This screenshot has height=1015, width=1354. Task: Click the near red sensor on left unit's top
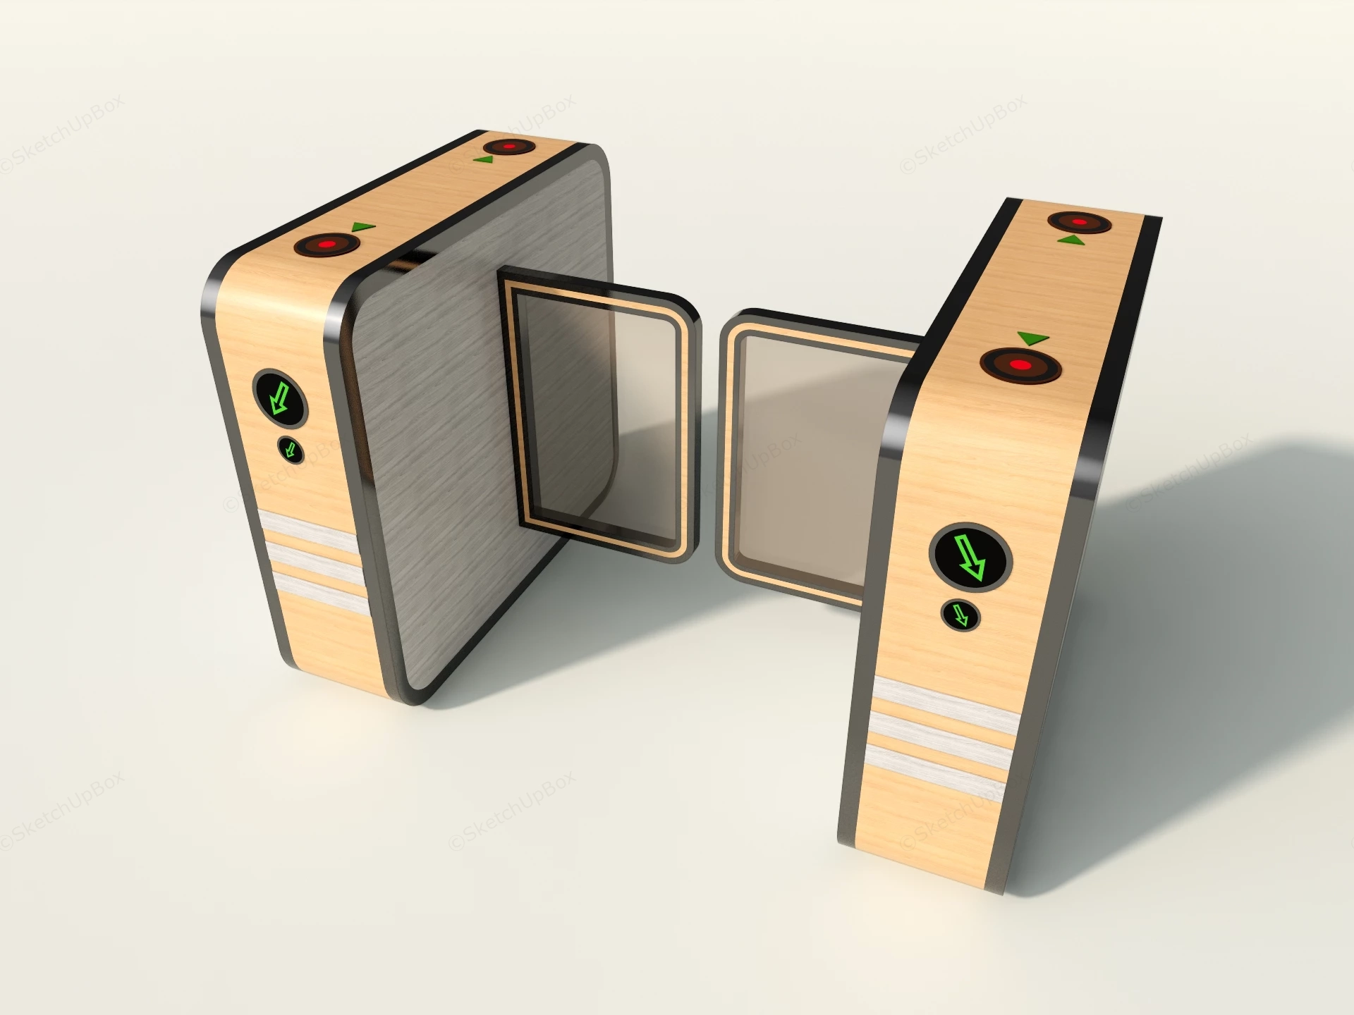click(327, 245)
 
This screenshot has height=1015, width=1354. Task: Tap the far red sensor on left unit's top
click(508, 147)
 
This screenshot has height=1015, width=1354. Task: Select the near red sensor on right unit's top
click(1020, 364)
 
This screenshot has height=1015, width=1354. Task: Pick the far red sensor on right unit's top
click(1079, 222)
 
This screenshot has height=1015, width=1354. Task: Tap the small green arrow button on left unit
click(290, 450)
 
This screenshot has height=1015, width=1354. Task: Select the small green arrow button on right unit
click(960, 615)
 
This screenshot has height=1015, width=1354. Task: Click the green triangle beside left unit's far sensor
click(484, 161)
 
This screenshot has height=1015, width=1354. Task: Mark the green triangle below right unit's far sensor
click(1071, 241)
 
